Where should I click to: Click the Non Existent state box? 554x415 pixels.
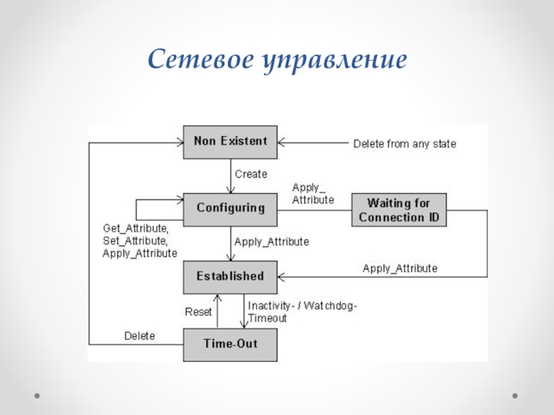[230, 140]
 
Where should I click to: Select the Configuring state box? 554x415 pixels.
[230, 207]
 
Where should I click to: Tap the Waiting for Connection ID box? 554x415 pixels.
[399, 210]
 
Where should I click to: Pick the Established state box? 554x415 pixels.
[230, 276]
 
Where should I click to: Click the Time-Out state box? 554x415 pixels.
[230, 343]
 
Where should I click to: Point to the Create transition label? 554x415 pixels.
[251, 174]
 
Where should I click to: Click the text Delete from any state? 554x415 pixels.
[404, 144]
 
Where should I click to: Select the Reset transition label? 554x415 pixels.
[198, 312]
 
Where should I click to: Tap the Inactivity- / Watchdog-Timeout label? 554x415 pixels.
[303, 312]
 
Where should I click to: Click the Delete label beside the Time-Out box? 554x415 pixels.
[139, 336]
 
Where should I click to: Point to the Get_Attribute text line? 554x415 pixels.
[135, 228]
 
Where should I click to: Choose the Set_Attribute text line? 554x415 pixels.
[135, 240]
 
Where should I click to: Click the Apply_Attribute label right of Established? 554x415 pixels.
[400, 268]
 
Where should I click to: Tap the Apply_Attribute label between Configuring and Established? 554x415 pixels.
[271, 242]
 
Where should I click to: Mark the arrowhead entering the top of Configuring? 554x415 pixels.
[230, 190]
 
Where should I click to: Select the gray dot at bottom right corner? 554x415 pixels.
[515, 396]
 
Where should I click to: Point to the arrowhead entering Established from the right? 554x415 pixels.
[281, 277]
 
